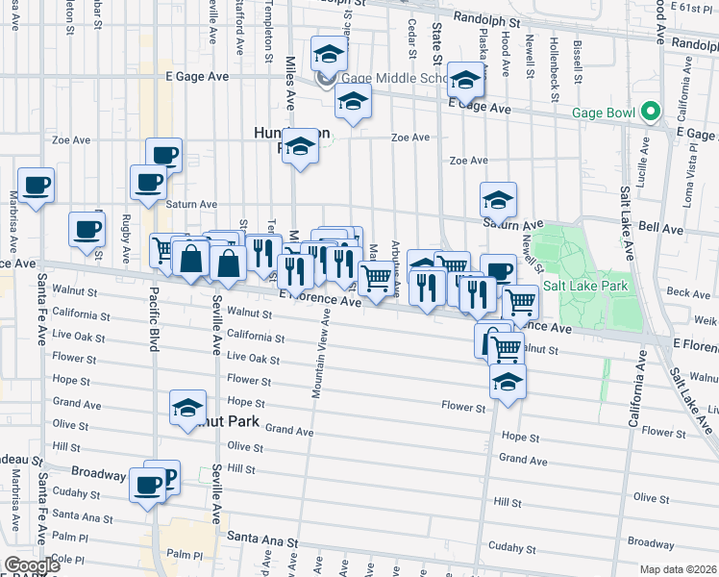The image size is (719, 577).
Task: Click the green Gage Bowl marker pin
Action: [x=650, y=113]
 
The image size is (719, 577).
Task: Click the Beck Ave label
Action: [x=687, y=291]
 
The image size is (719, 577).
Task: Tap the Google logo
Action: [x=32, y=564]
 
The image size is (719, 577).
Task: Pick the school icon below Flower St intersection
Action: [x=508, y=381]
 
